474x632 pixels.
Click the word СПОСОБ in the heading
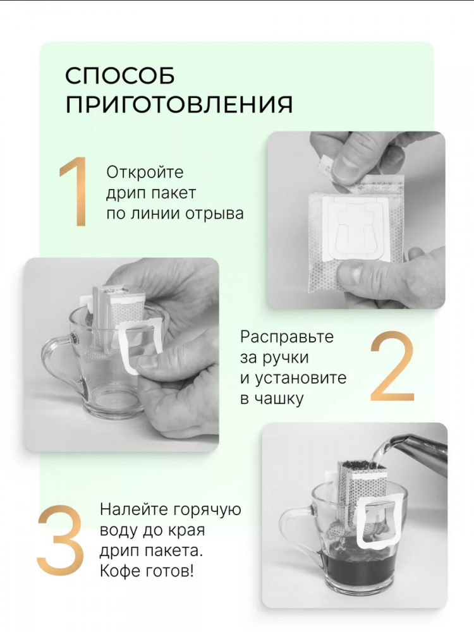tap(120, 75)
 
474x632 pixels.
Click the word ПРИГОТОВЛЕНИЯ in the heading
tap(179, 105)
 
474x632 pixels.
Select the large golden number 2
tap(392, 366)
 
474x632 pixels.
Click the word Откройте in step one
tap(145, 172)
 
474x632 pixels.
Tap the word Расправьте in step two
tap(287, 337)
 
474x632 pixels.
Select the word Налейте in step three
tap(134, 509)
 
